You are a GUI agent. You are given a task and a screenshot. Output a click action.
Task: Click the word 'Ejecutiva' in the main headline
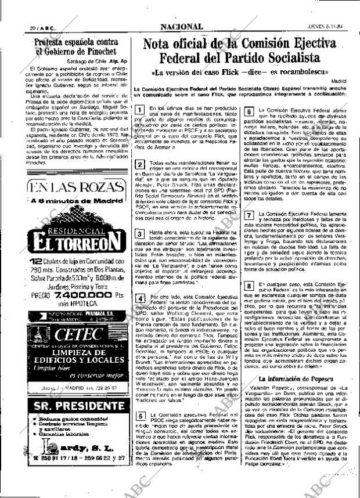pyautogui.click(x=304, y=44)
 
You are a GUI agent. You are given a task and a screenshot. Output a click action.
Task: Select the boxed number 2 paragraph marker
pyautogui.click(x=139, y=165)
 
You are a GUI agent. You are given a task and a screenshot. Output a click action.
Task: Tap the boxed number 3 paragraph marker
pyautogui.click(x=139, y=234)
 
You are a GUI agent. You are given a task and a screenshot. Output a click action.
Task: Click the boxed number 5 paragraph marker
pyautogui.click(x=139, y=432)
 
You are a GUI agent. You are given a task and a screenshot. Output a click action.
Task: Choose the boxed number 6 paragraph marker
pyautogui.click(x=248, y=111)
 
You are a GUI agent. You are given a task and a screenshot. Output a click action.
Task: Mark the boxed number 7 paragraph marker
pyautogui.click(x=248, y=215)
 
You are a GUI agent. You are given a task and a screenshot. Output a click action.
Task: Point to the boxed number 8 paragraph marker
pyautogui.click(x=248, y=286)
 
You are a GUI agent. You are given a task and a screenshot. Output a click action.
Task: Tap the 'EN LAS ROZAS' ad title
pyautogui.click(x=69, y=187)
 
